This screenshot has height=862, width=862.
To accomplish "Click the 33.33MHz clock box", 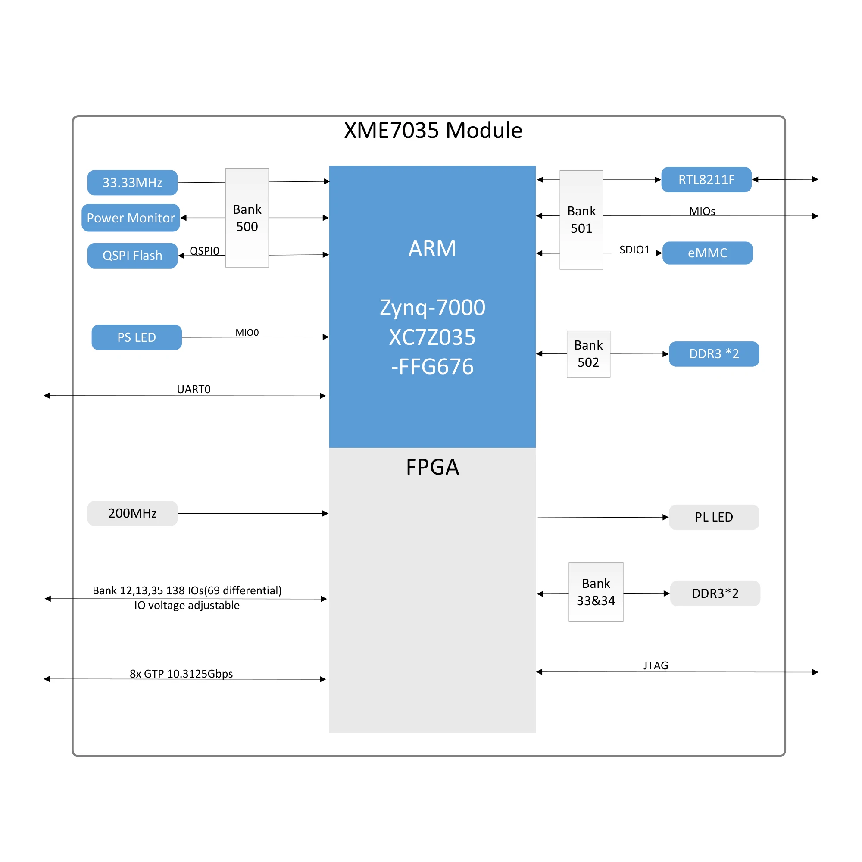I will [x=132, y=182].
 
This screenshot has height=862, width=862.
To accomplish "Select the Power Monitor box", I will [x=131, y=218].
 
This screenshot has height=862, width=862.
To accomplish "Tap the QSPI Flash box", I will [x=132, y=256].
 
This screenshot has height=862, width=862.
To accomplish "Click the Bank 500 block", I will [x=247, y=218].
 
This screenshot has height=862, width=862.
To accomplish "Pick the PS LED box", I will [x=137, y=337].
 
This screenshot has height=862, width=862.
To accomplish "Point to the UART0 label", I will [x=194, y=390].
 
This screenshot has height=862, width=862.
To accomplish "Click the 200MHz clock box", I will [x=132, y=513].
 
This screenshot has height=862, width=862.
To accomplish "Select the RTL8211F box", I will [x=706, y=180].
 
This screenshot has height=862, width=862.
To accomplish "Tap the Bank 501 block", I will [x=581, y=219].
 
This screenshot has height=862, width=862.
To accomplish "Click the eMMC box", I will [x=707, y=253].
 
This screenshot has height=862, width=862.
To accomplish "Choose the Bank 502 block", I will [x=588, y=354].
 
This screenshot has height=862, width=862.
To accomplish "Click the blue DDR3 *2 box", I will [x=714, y=354].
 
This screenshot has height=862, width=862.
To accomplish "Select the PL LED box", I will [x=714, y=517].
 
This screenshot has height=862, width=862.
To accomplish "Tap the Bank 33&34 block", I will [x=596, y=592].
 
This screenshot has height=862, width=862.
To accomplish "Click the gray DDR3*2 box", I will [x=715, y=593].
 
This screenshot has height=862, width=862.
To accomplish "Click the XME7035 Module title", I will [x=433, y=131].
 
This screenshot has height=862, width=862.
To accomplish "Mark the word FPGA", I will [x=432, y=467].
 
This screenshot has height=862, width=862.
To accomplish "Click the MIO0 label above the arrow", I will [x=247, y=332].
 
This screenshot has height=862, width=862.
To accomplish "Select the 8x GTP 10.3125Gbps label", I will [x=181, y=674].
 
